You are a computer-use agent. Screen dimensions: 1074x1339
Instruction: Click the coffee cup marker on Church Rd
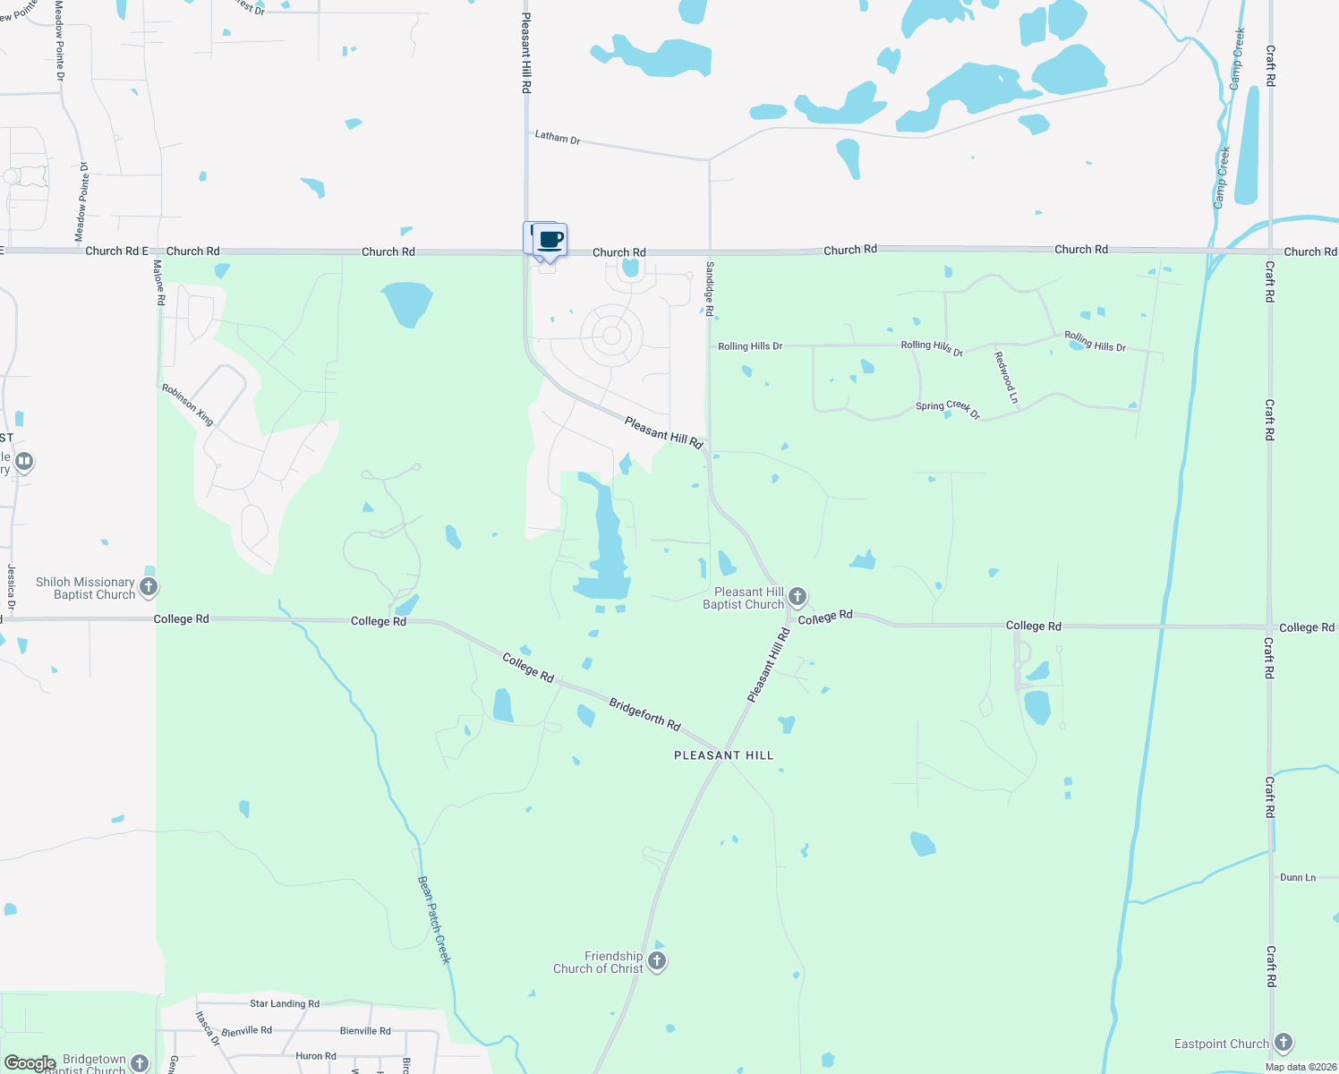pos(551,240)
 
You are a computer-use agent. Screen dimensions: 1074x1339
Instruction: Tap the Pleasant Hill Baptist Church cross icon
pos(797,597)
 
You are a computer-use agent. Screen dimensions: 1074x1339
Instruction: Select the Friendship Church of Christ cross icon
pos(657,962)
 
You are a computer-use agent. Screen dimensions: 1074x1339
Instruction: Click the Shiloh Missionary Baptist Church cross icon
pos(149,587)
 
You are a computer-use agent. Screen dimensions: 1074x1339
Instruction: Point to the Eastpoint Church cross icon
pos(1284,1043)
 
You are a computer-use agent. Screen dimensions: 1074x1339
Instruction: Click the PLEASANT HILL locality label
pos(723,755)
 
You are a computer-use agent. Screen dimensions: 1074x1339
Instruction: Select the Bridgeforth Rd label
pos(644,714)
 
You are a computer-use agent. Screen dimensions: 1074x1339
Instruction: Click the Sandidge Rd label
pos(710,288)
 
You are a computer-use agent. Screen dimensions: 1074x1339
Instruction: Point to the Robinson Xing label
pos(187,405)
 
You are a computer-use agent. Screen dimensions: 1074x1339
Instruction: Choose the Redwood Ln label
pos(1006,377)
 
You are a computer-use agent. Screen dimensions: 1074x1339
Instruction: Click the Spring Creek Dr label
pos(947,408)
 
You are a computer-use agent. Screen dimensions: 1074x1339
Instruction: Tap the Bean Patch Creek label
pos(434,919)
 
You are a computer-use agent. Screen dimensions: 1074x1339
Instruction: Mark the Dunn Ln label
pos(1297,877)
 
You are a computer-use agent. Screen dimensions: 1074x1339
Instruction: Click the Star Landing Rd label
pos(284,1004)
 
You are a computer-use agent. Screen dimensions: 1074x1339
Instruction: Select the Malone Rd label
pos(159,283)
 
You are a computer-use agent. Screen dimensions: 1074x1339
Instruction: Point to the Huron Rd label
pos(315,1056)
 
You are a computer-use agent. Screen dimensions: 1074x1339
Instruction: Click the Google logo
pos(30,1063)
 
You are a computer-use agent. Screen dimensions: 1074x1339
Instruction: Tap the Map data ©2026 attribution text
pos(1298,1067)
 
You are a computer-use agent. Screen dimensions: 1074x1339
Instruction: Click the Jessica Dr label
pos(11,587)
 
